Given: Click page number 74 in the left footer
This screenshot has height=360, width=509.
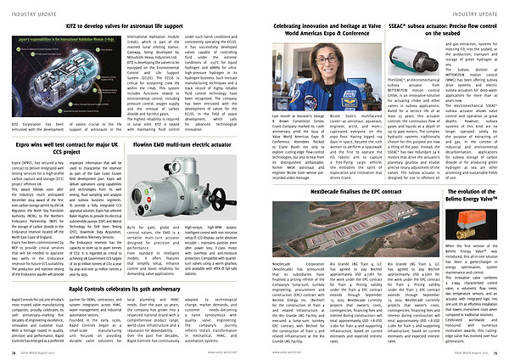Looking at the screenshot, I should click(12, 350).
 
